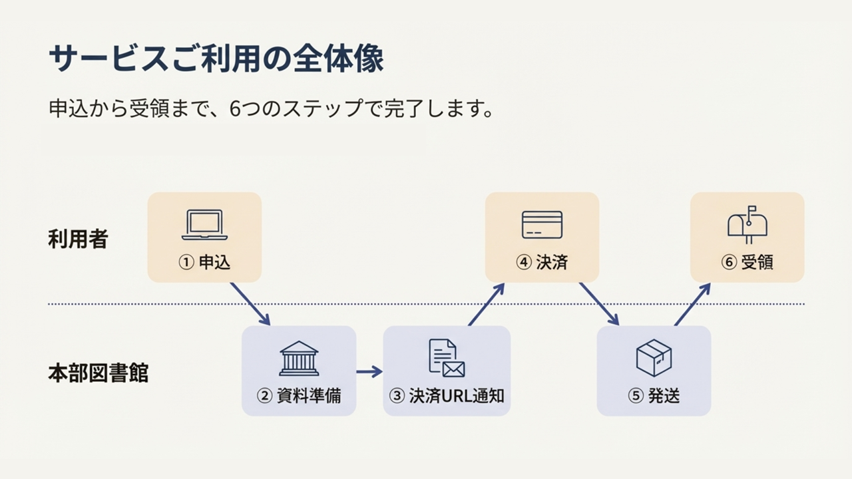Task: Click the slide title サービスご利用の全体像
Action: tap(216, 59)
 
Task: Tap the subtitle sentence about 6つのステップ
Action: tap(271, 108)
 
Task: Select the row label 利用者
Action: tap(78, 239)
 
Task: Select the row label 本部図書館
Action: tap(98, 373)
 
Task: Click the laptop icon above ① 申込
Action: tap(204, 225)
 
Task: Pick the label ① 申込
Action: tap(204, 262)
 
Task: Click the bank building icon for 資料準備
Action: tap(299, 359)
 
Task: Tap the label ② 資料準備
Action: tap(299, 396)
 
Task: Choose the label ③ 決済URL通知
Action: tap(447, 396)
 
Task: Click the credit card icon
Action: tap(542, 225)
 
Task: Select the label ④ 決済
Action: tap(542, 262)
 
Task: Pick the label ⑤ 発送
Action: tap(654, 396)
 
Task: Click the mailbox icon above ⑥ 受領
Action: tap(747, 224)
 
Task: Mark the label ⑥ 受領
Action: tap(747, 262)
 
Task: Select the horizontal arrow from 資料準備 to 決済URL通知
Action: tap(369, 371)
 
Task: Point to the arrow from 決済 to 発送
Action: tap(599, 304)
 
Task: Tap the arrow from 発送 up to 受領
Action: tap(693, 304)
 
